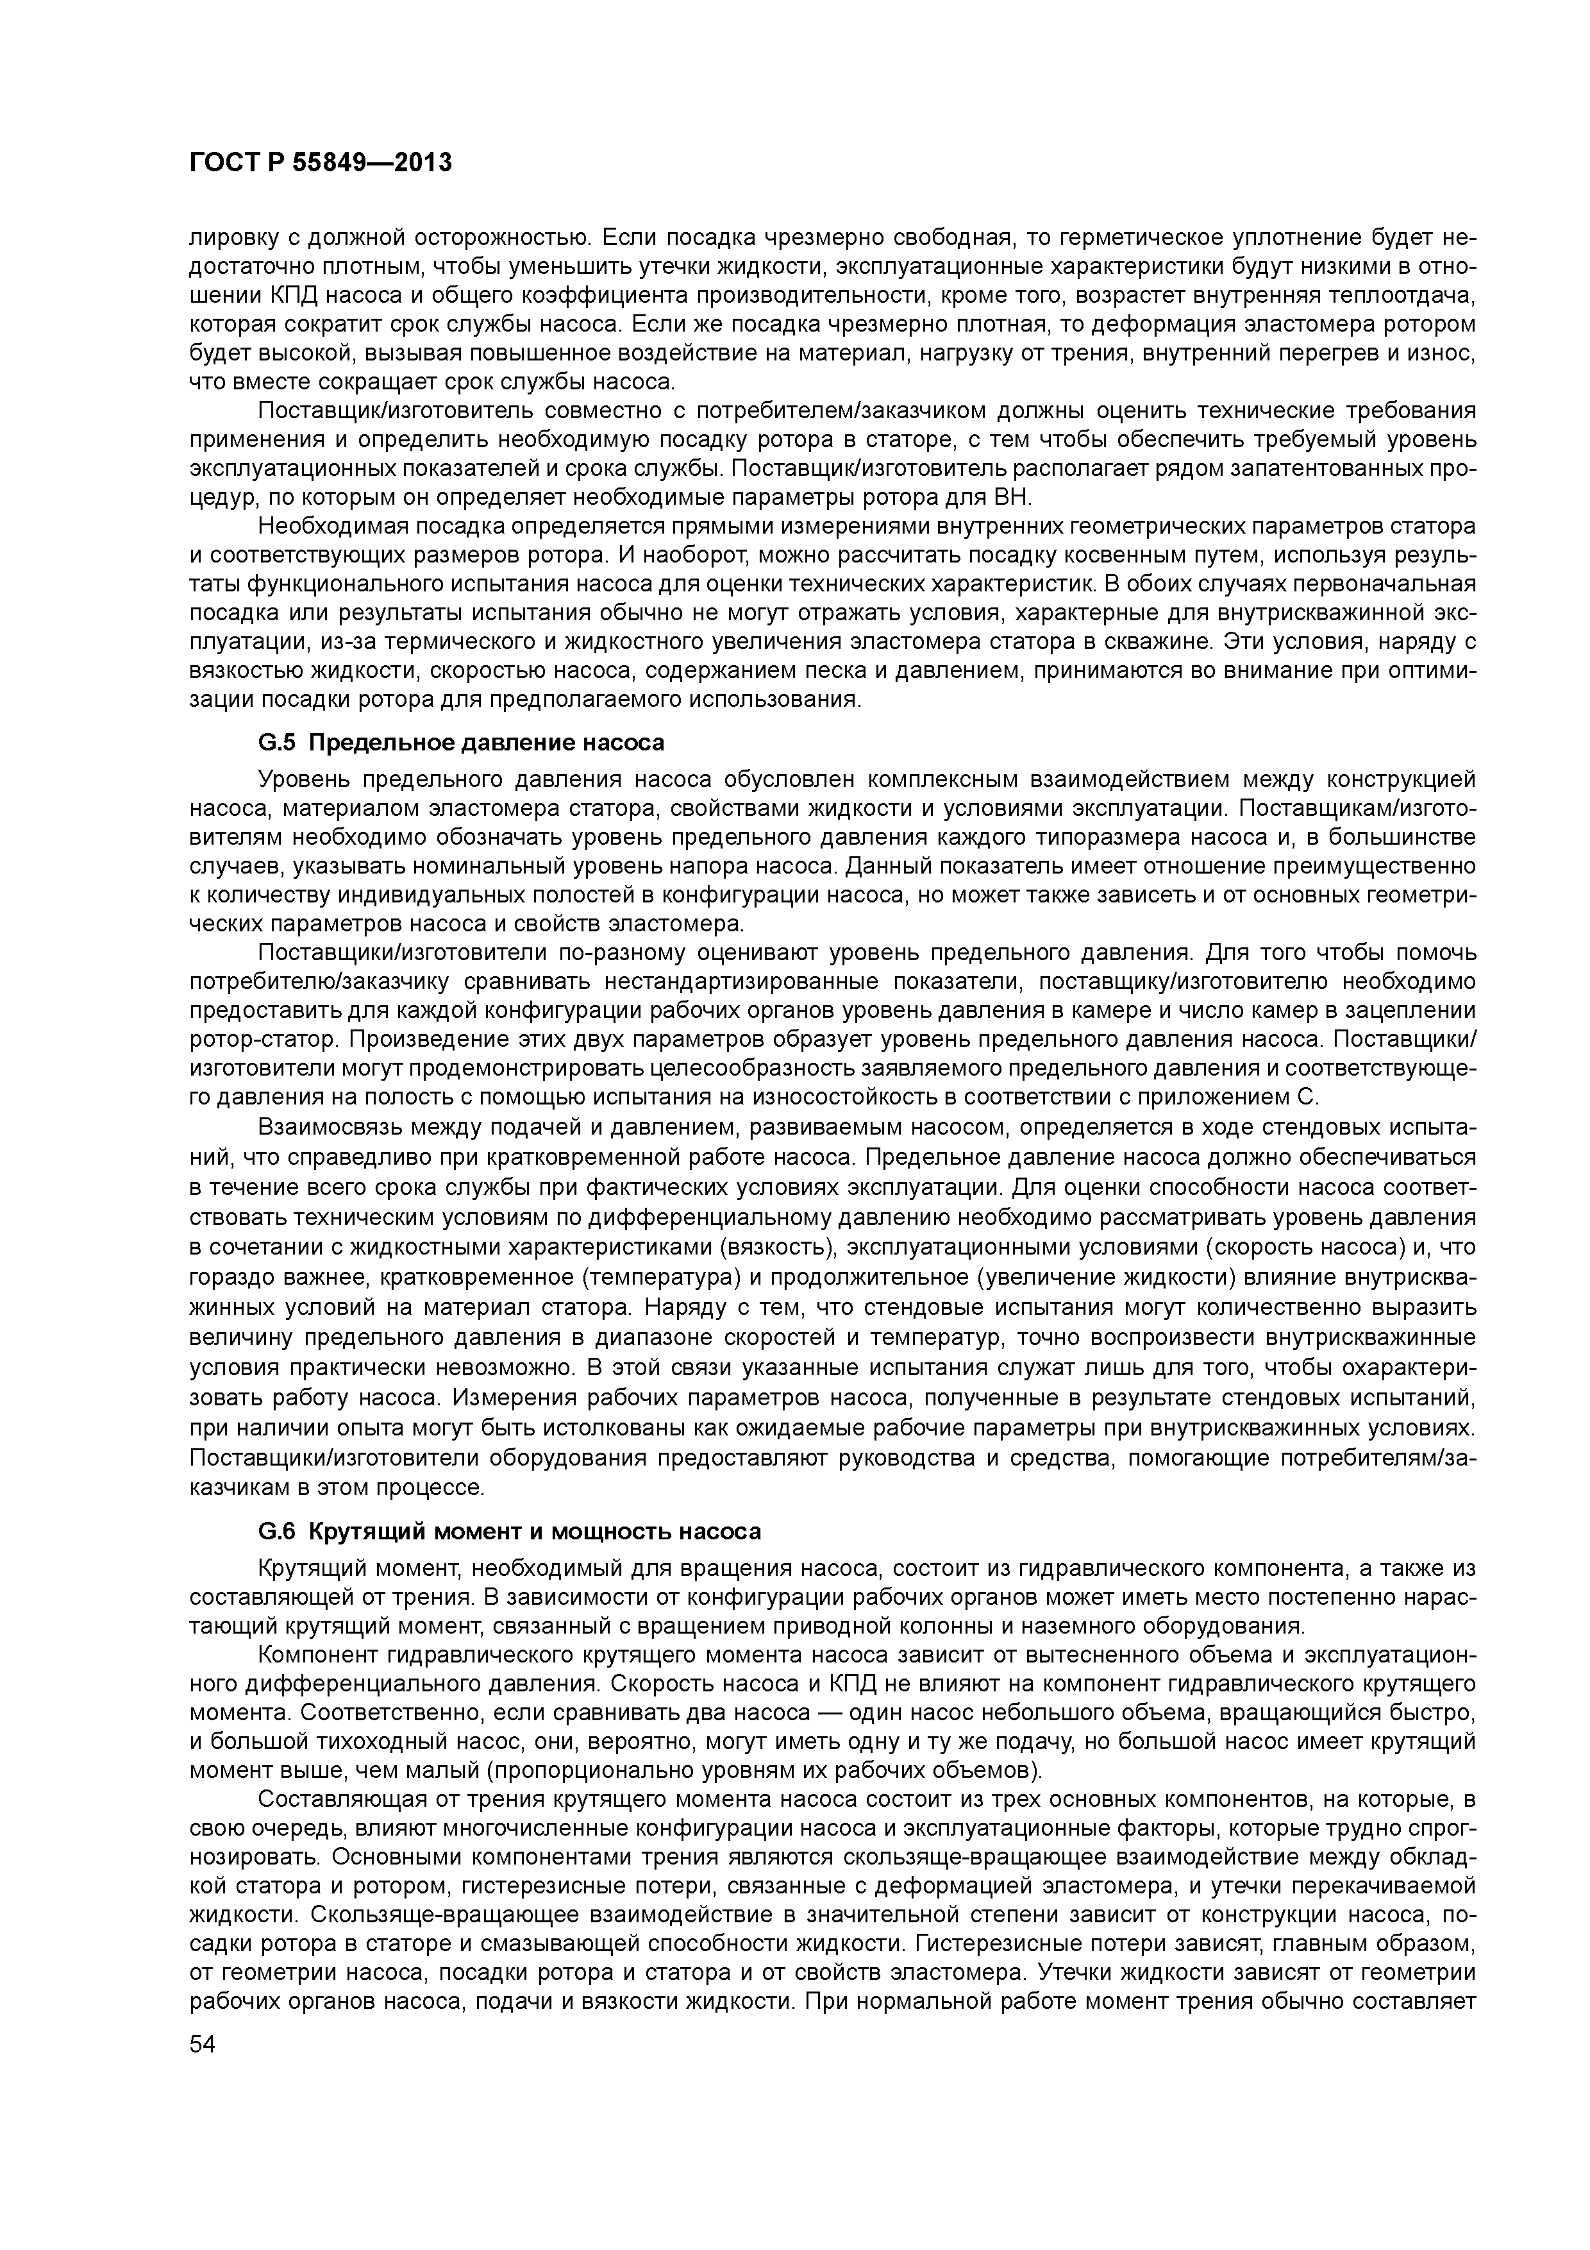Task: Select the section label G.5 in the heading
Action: (276, 743)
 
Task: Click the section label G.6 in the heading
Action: (276, 1531)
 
